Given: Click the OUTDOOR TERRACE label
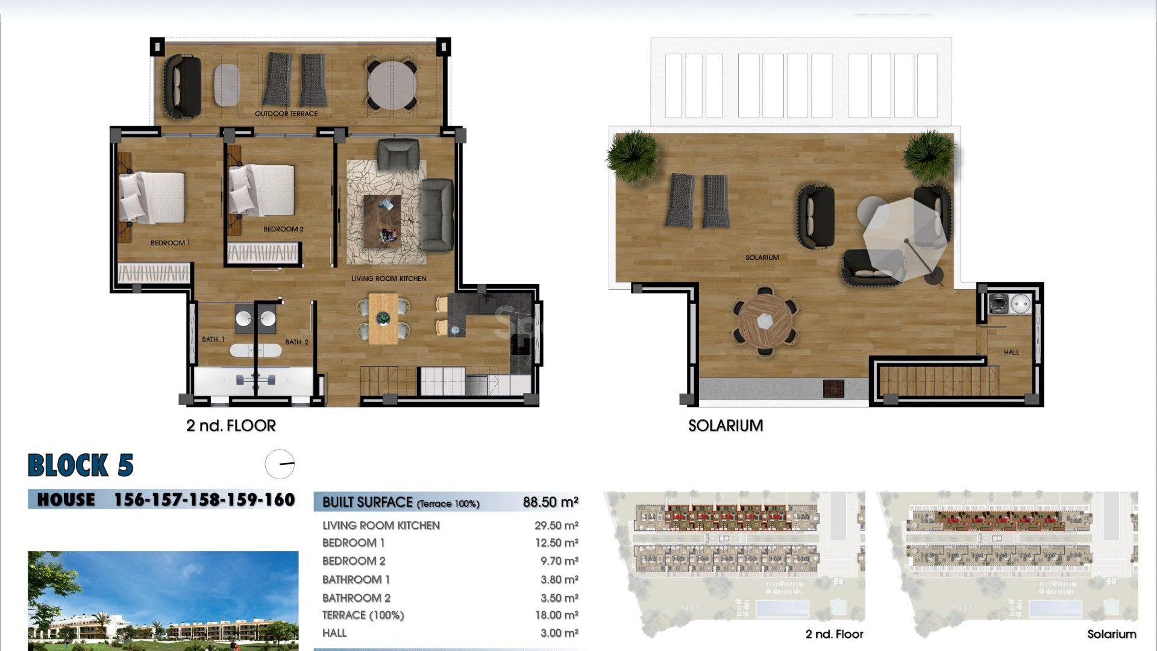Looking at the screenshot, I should pos(286,113).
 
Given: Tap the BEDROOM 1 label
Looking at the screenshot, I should pos(170,243).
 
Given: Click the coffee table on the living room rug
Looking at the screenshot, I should pos(382,221).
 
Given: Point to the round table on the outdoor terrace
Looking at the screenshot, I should pos(392,85).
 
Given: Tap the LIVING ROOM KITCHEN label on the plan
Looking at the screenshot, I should pos(389,278).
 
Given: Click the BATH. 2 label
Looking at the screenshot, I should pos(296,342).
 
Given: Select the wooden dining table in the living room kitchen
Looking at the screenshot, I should pos(383,318).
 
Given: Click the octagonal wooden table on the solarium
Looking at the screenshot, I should pos(765,321).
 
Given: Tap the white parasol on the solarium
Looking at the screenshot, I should pos(904,235).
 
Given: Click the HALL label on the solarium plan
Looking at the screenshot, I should pos(1011,352).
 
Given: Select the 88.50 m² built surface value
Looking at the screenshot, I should pos(550,502).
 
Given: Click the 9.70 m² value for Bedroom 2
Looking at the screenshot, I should pos(559,561).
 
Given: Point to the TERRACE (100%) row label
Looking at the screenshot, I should pos(363,615).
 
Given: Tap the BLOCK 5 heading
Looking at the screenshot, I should pos(81,465).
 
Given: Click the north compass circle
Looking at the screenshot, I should pos(280,464).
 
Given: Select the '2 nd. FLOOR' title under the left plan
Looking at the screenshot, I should pos(231,426).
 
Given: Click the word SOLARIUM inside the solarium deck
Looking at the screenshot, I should pos(762,257).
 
